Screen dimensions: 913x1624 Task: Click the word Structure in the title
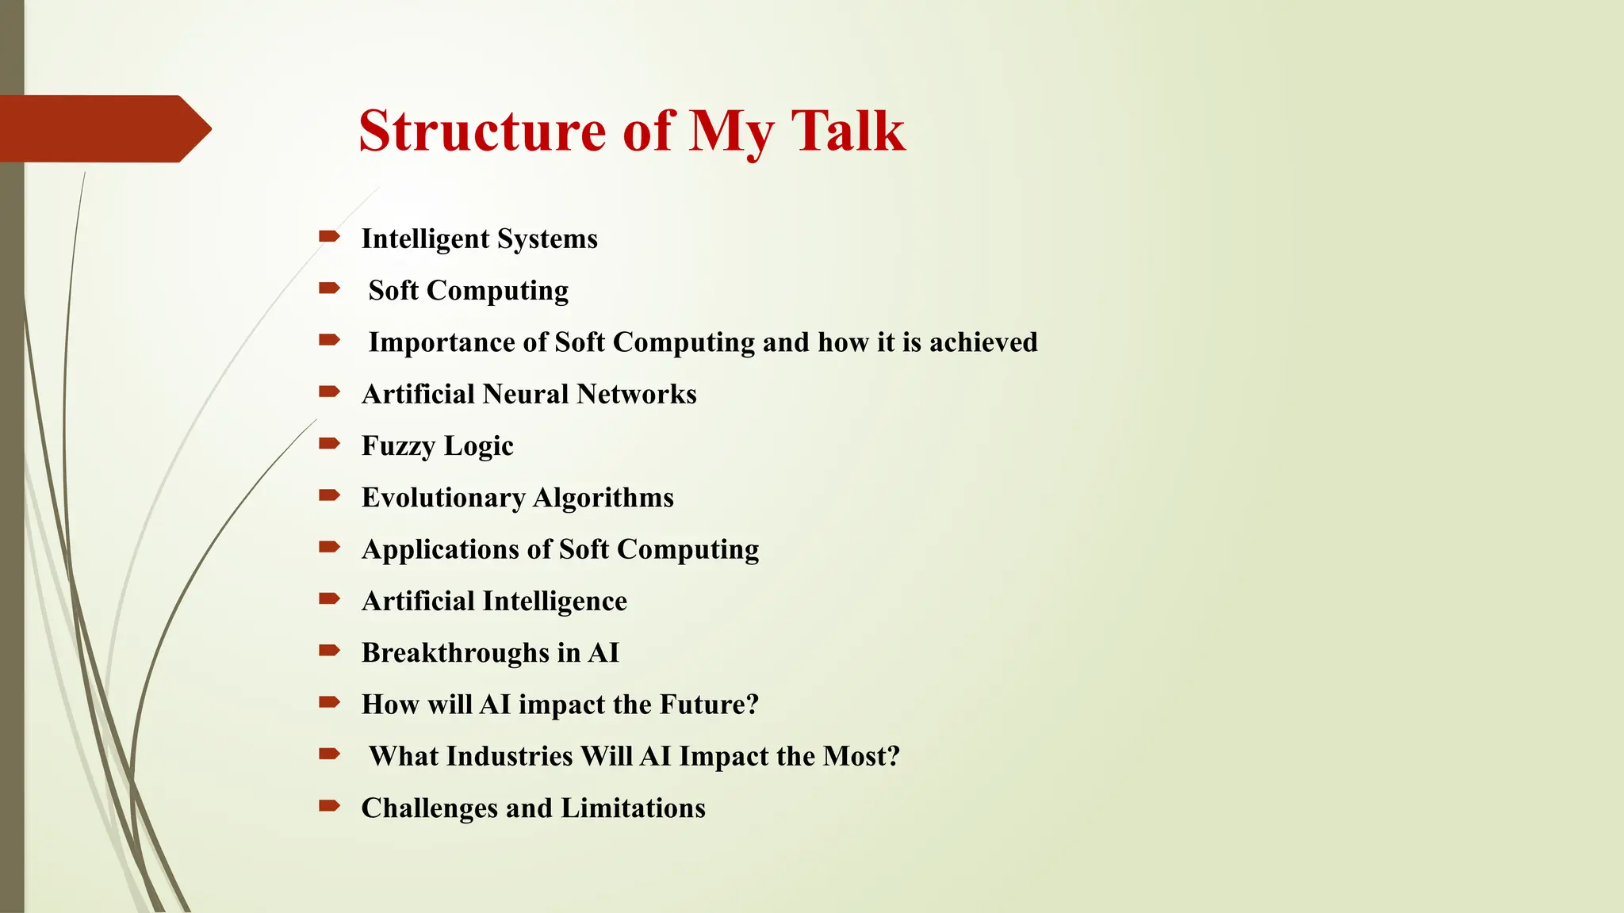(x=482, y=131)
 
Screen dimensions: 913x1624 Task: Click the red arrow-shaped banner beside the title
(x=103, y=128)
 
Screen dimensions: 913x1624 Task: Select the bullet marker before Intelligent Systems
(x=328, y=236)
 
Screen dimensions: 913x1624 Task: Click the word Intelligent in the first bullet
(x=425, y=239)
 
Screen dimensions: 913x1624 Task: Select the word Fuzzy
(x=393, y=446)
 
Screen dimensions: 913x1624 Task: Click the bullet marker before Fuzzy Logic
(x=328, y=443)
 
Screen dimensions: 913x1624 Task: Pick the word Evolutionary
(x=443, y=498)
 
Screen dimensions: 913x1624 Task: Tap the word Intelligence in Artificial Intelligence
(x=554, y=602)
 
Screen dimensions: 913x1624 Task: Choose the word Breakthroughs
(x=455, y=653)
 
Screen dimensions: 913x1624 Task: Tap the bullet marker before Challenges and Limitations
(x=328, y=806)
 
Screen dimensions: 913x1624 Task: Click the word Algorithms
(x=603, y=498)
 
